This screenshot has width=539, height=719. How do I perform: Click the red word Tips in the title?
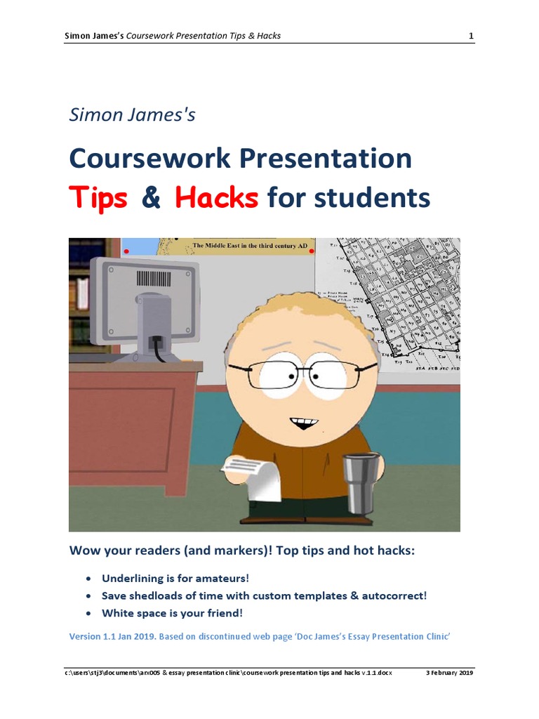98,199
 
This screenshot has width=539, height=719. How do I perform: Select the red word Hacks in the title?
216,199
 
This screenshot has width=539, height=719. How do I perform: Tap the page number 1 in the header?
472,36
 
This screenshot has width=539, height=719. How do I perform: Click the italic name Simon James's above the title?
132,115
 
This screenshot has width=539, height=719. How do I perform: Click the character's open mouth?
304,423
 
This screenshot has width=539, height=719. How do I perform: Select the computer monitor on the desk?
147,302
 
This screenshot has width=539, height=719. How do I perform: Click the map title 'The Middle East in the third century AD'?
250,246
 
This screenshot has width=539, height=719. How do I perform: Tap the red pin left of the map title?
126,251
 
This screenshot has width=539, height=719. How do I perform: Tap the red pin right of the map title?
312,251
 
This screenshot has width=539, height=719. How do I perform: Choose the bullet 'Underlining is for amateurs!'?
175,579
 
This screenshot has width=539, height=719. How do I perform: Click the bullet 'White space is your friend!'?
173,612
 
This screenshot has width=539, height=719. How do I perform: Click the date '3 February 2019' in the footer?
450,673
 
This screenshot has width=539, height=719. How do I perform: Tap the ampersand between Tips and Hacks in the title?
151,199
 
